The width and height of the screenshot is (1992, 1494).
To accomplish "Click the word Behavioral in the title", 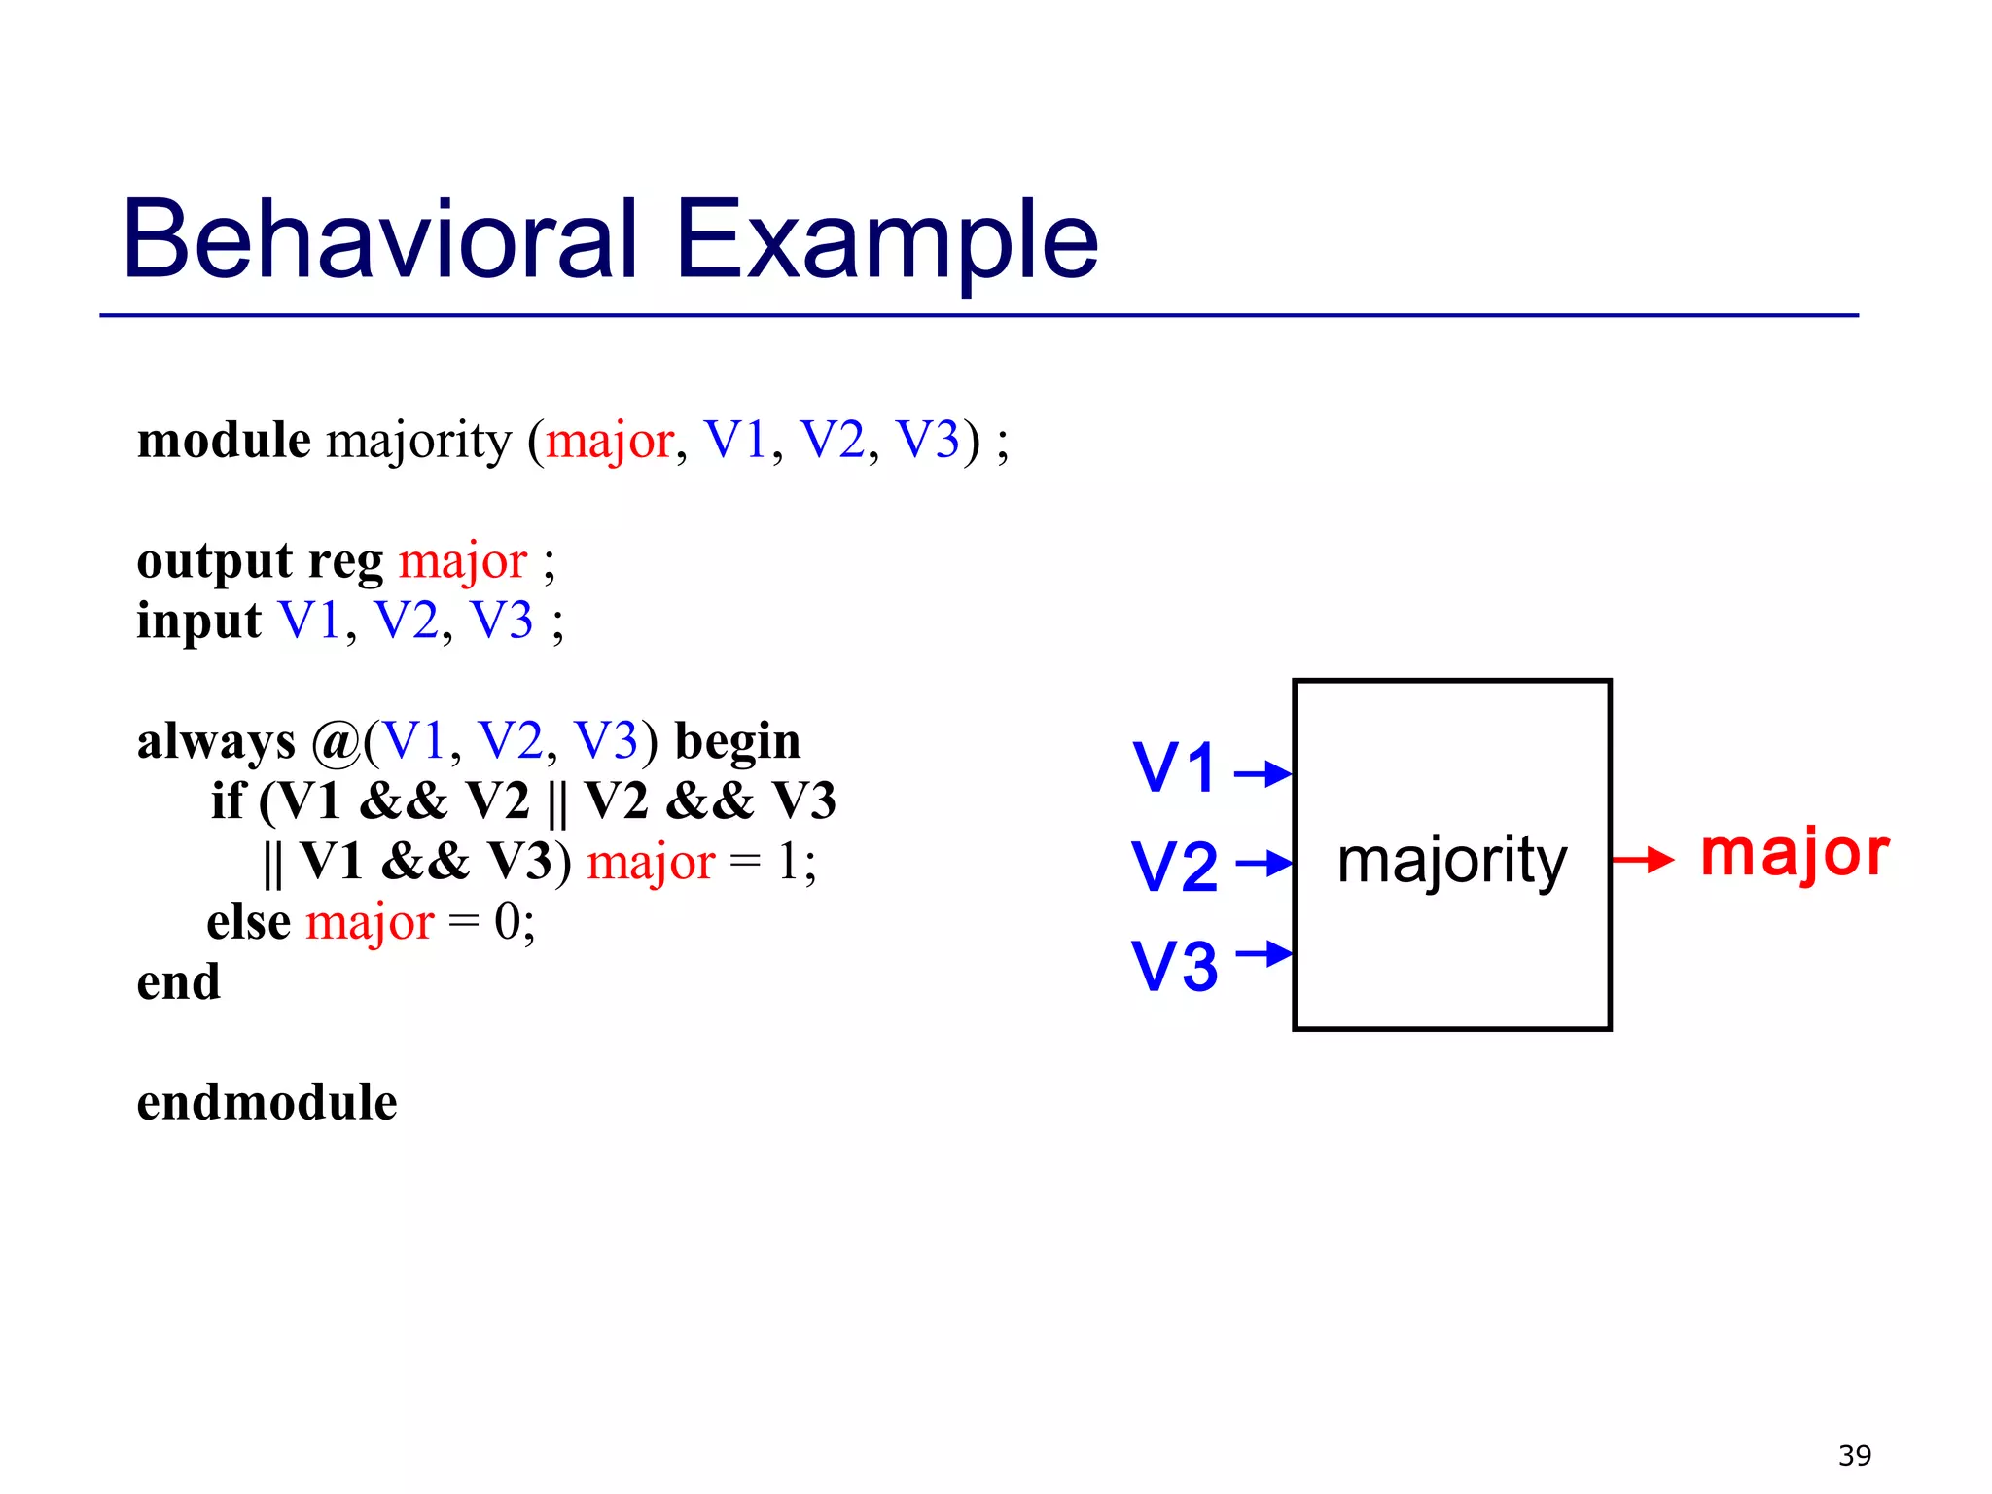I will point(379,238).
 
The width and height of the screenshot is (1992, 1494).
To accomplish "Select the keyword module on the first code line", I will point(224,440).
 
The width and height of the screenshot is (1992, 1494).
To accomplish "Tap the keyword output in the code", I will point(214,562).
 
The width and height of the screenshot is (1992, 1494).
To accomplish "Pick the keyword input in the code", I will point(198,622).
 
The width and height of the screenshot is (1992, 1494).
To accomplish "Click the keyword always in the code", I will point(216,742).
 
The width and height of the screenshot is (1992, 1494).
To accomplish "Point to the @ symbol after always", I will point(336,743).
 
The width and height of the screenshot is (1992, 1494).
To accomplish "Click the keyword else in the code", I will point(248,921).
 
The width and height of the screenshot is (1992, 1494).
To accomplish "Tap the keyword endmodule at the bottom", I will point(267,1102).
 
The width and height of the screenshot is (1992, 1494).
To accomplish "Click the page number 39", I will point(1854,1455).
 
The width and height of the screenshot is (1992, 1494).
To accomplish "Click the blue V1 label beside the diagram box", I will point(1175,767).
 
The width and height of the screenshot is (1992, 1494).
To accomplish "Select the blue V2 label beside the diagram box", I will point(1175,866).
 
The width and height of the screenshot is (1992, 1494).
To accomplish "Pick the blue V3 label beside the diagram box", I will point(1175,966).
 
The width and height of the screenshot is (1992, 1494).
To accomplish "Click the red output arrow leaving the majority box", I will point(1643,859).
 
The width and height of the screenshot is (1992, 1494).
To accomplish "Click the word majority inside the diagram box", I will point(1452,861).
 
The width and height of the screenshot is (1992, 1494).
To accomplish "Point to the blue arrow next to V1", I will point(1262,774).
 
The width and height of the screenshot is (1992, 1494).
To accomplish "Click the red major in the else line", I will point(370,922).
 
